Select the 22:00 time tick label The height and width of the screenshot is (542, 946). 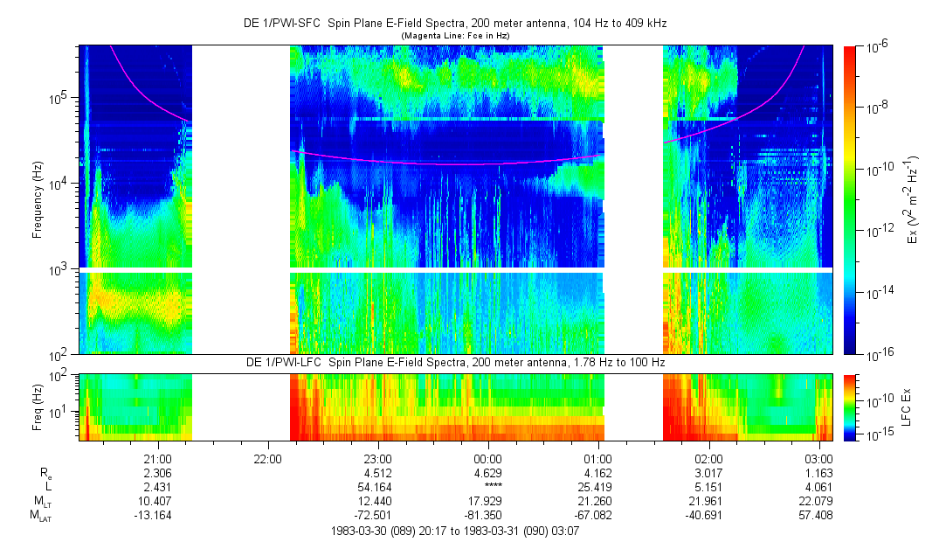266,458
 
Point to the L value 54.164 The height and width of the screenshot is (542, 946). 376,487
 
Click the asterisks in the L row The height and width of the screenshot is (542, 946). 487,487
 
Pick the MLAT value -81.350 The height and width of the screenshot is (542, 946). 487,516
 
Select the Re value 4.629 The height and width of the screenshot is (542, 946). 487,473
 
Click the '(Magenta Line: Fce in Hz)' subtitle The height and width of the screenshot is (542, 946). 454,35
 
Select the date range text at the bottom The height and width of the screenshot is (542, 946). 457,531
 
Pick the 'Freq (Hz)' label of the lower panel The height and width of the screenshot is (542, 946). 38,405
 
